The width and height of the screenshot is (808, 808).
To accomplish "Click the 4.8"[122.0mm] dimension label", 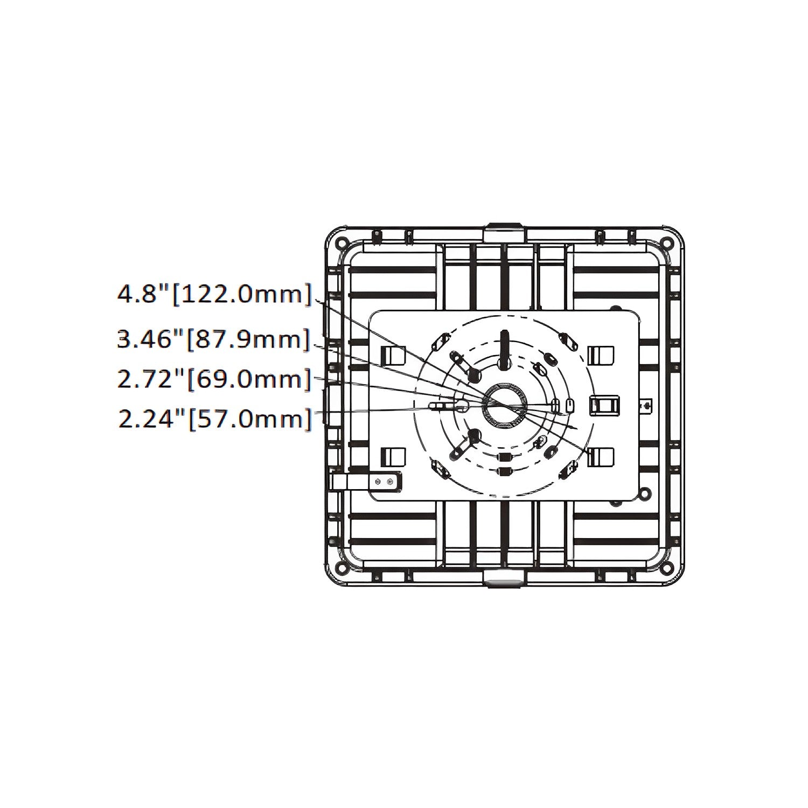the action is tap(214, 295).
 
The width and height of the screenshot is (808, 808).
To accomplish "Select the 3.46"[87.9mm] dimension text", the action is tap(214, 340).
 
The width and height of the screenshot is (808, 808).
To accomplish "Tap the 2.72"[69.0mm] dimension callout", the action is tap(214, 379).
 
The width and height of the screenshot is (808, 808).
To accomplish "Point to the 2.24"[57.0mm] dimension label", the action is tap(214, 418).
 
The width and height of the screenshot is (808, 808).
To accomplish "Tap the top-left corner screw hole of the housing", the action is tap(341, 242).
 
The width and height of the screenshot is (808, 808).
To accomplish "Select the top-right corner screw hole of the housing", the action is tap(668, 242).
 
